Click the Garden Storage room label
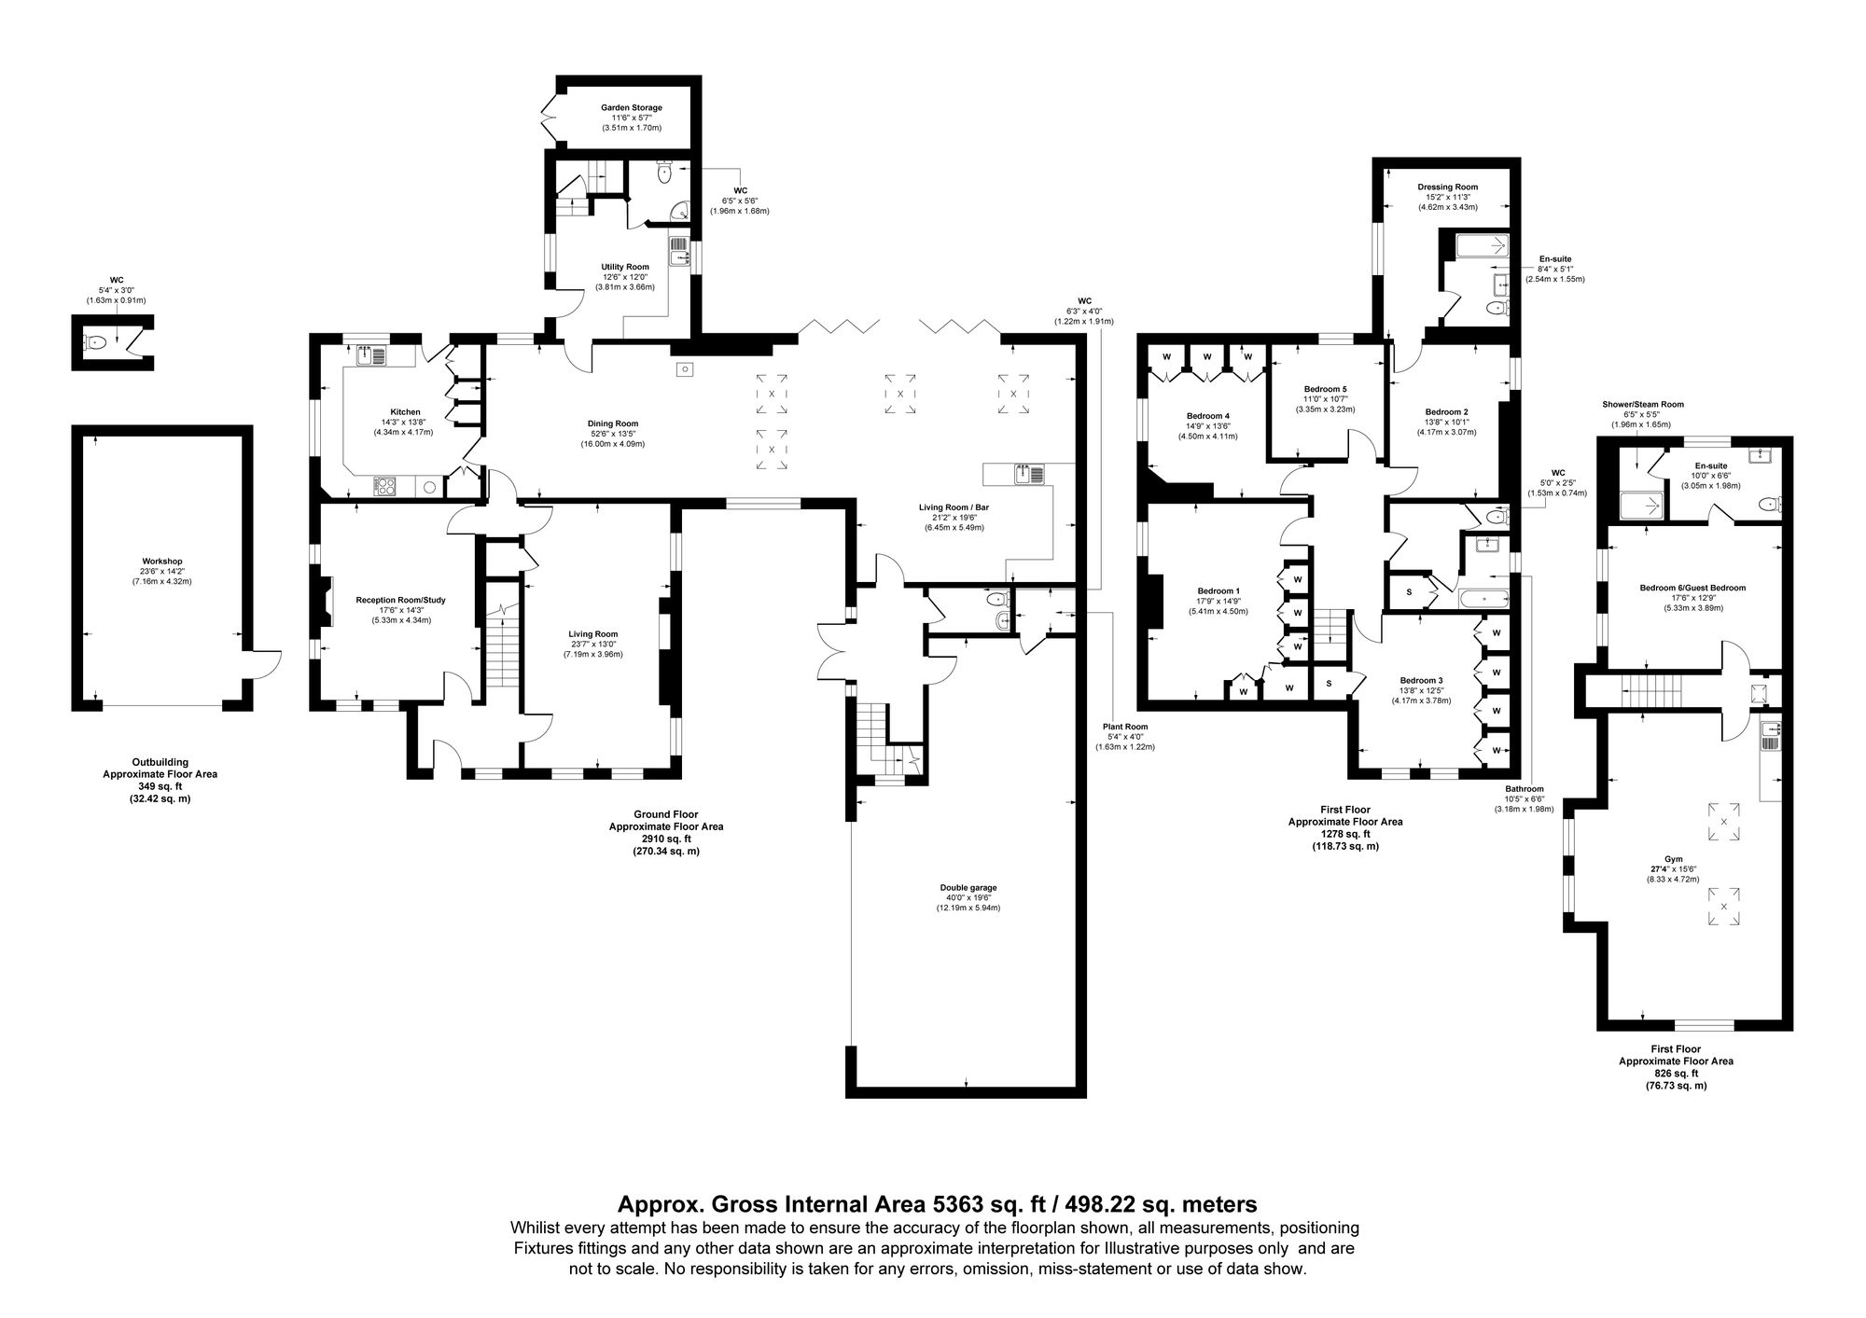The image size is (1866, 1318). click(x=631, y=108)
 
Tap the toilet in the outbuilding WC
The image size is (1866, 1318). click(x=93, y=342)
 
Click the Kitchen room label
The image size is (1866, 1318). click(x=405, y=411)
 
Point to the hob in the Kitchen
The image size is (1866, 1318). click(x=384, y=485)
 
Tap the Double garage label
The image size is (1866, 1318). click(x=968, y=887)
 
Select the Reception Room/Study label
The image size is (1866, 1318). click(x=394, y=600)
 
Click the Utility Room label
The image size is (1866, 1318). click(x=624, y=267)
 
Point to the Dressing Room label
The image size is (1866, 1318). click(x=1447, y=187)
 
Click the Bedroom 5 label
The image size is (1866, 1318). click(x=1325, y=388)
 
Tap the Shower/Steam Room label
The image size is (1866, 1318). click(x=1642, y=404)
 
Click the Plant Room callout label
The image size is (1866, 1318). click(x=1123, y=726)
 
